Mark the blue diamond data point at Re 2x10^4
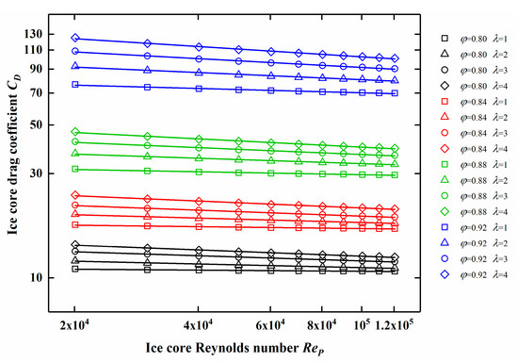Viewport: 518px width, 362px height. click(74, 39)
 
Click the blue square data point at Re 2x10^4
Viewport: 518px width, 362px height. click(74, 85)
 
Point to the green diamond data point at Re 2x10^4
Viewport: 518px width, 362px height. click(74, 132)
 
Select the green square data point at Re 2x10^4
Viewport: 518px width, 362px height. click(74, 169)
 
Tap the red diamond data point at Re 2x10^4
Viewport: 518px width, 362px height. click(74, 195)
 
